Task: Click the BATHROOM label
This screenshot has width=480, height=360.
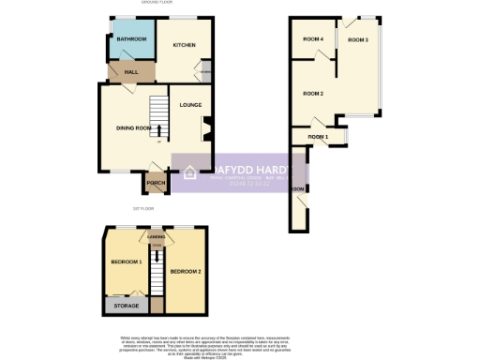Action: [x=131, y=39]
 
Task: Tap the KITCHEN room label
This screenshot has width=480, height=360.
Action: [x=183, y=44]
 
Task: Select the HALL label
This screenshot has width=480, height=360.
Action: [x=119, y=72]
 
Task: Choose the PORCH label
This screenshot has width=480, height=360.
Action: [x=155, y=183]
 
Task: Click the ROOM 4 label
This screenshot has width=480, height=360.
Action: [x=313, y=38]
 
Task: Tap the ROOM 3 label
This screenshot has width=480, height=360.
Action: [x=357, y=40]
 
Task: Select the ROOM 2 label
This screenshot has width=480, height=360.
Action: [x=313, y=94]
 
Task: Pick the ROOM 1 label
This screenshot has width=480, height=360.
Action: [x=319, y=138]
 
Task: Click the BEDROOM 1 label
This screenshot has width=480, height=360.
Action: [x=126, y=262]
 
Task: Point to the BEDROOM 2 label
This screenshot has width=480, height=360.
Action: [x=185, y=272]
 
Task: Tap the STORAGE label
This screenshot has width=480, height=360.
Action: [x=126, y=306]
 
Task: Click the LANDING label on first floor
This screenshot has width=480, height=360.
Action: [x=157, y=239]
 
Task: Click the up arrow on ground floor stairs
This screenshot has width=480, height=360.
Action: [x=158, y=129]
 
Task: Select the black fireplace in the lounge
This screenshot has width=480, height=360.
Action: [x=207, y=127]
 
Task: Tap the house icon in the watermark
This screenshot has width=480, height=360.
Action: [x=188, y=172]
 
